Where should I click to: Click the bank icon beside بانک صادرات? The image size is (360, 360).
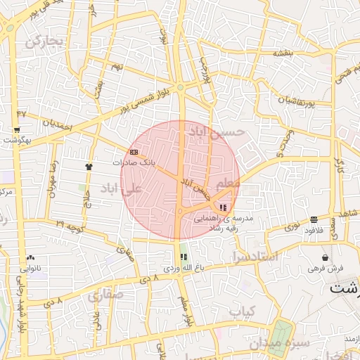pos(134,152)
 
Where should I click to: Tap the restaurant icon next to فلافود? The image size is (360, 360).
pos(311,220)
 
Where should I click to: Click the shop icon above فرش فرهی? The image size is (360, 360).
pos(324,258)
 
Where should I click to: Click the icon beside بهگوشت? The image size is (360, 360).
pos(16,131)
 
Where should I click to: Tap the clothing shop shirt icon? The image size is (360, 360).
pos(89,167)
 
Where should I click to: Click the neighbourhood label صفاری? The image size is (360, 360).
pos(105,295)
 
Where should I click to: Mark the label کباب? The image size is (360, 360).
pos(245,310)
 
